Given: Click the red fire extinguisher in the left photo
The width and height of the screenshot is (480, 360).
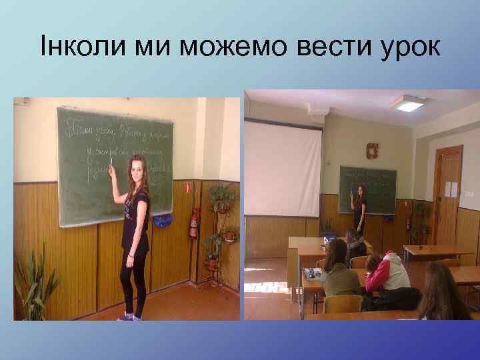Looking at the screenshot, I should coord(193,223).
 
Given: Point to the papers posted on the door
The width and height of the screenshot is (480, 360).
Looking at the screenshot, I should coord(451,189).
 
